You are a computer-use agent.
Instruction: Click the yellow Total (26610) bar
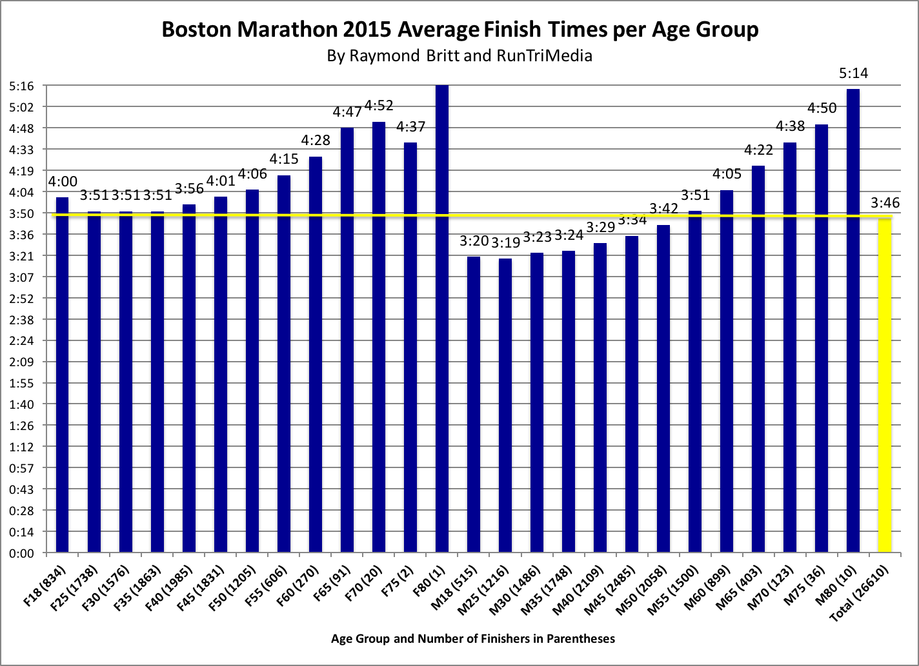click(885, 387)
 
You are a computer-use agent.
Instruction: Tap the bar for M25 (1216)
click(505, 406)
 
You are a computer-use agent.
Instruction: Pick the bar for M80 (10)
click(853, 322)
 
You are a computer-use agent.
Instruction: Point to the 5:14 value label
click(853, 73)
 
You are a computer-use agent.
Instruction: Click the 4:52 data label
click(379, 106)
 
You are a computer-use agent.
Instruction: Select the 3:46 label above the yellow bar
click(885, 204)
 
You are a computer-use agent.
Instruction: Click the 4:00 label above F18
click(63, 182)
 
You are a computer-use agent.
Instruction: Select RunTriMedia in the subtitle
click(544, 55)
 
